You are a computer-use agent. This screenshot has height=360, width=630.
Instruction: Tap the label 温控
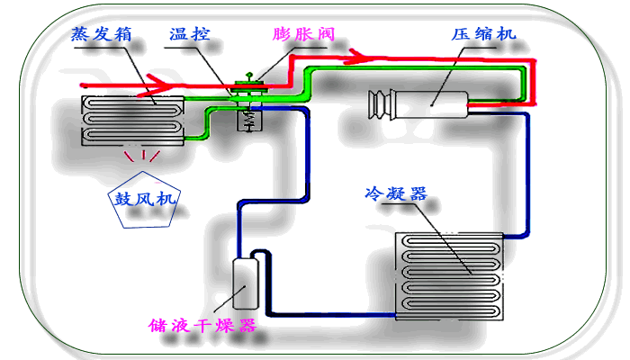click(191, 35)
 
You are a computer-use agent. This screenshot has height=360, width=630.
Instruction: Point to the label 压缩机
click(483, 34)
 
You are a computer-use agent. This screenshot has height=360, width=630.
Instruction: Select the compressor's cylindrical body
click(428, 104)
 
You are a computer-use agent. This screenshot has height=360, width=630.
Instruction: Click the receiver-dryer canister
click(244, 283)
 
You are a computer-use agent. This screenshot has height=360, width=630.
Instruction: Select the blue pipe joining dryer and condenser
click(333, 314)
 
